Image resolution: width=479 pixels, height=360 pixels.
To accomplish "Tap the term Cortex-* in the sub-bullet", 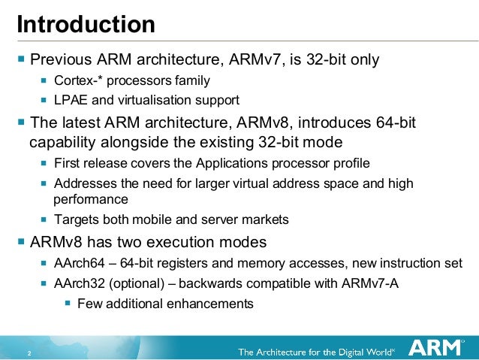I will (x=78, y=80).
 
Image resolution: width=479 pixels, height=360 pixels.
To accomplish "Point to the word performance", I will (x=91, y=200).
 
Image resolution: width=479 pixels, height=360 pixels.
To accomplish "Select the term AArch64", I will (x=79, y=263).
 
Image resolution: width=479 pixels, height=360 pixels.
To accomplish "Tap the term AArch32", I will (x=79, y=283).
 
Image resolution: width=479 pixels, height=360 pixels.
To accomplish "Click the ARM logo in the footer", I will (x=432, y=348).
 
